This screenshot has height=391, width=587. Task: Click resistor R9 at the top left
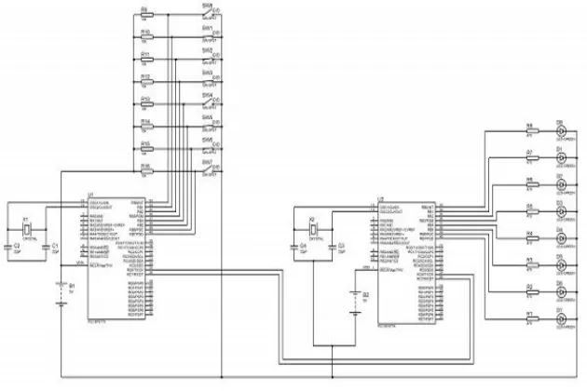click(x=146, y=16)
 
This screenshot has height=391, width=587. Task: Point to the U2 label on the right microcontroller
click(x=382, y=199)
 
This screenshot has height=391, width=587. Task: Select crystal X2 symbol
click(x=315, y=232)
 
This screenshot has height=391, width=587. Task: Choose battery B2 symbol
click(x=355, y=301)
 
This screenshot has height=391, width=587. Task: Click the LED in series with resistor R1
click(x=561, y=319)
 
